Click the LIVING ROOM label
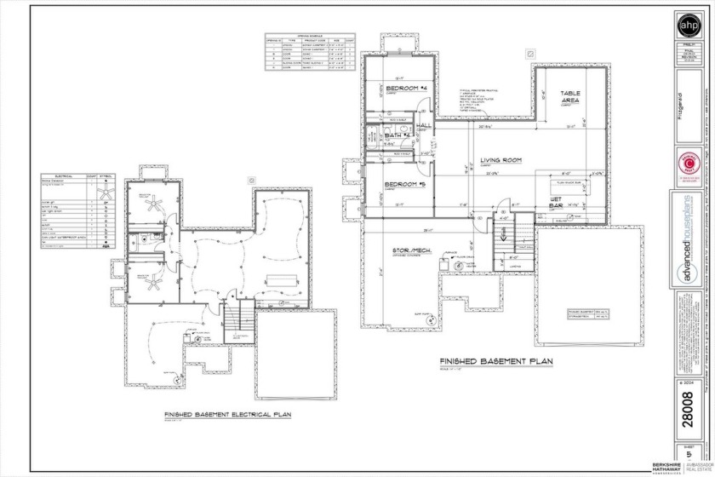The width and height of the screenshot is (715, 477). click(x=500, y=160)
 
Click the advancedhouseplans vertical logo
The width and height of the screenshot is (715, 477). click(x=686, y=256)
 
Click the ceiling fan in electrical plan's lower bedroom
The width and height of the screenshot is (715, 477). click(x=154, y=285)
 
